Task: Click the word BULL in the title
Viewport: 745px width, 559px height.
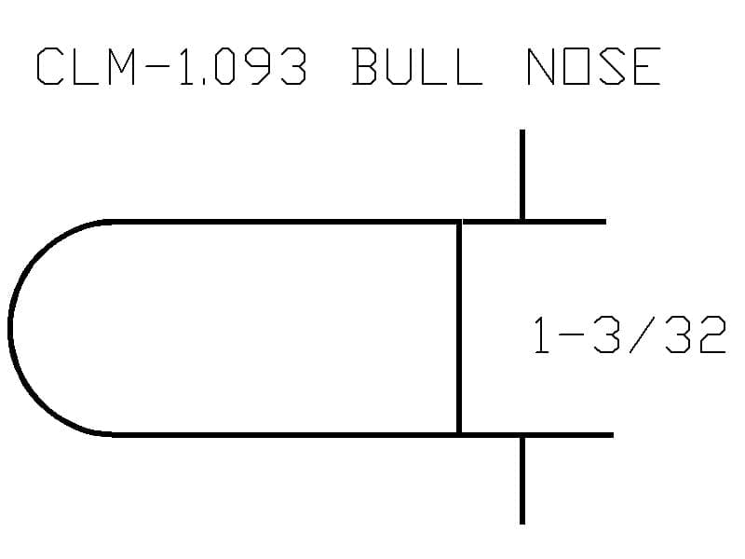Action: pyautogui.click(x=417, y=66)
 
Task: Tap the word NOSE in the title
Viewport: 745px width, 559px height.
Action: pyautogui.click(x=594, y=66)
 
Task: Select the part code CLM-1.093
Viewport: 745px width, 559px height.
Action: pyautogui.click(x=171, y=66)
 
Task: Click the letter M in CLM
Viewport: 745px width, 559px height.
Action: pyautogui.click(x=122, y=66)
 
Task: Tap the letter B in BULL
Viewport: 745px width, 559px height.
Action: pyautogui.click(x=364, y=66)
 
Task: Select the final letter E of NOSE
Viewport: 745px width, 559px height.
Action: pyautogui.click(x=646, y=66)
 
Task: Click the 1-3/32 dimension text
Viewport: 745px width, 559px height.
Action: pyautogui.click(x=630, y=335)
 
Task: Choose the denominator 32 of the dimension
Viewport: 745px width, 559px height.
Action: pyautogui.click(x=696, y=335)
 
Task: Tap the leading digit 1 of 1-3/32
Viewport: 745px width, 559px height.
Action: pyautogui.click(x=541, y=335)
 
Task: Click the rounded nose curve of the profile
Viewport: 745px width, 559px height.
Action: pyautogui.click(x=10, y=328)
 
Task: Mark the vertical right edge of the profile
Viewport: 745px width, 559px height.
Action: pyautogui.click(x=459, y=328)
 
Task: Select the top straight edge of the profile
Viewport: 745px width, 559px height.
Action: pyautogui.click(x=285, y=222)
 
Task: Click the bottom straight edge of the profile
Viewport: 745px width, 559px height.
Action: pyautogui.click(x=285, y=435)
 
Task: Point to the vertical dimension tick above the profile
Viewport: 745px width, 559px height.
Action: pyautogui.click(x=522, y=174)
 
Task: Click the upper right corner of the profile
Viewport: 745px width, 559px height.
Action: pyautogui.click(x=459, y=222)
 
